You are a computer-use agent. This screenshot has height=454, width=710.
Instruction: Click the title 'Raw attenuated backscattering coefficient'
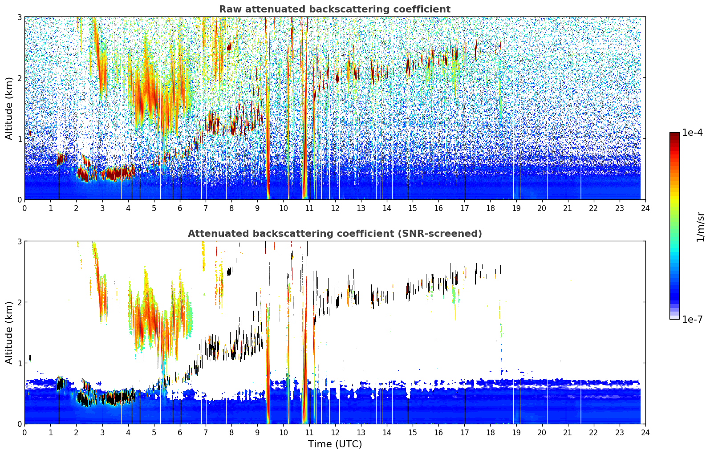(335, 9)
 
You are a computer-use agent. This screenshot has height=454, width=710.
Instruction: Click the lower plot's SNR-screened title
(335, 234)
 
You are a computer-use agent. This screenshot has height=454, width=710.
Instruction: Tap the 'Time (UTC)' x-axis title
(335, 444)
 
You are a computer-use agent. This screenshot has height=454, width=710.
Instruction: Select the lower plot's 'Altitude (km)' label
(9, 332)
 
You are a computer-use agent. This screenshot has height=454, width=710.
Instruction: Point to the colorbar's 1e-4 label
(692, 133)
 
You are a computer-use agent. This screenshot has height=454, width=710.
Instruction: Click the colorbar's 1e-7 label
(692, 319)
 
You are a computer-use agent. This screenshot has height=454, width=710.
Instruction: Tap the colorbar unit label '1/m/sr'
(700, 227)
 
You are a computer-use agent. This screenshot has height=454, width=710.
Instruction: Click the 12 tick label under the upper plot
(335, 208)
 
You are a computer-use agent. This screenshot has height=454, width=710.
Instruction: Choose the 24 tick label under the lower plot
(645, 433)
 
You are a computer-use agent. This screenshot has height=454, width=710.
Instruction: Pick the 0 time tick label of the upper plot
(25, 208)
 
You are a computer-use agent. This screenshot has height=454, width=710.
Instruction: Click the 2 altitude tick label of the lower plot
(19, 302)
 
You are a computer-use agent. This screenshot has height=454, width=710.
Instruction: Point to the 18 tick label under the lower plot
(491, 433)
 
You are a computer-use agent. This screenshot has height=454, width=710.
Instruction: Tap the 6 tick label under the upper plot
(180, 208)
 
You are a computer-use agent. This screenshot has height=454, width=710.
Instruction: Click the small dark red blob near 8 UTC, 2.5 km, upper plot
(230, 47)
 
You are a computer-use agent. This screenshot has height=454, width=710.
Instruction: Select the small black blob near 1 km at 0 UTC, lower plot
(30, 357)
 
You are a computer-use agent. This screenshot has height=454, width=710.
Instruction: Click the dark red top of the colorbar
(674, 134)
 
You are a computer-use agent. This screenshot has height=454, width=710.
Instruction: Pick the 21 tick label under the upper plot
(568, 208)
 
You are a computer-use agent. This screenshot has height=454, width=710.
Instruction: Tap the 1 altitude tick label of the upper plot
(19, 138)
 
